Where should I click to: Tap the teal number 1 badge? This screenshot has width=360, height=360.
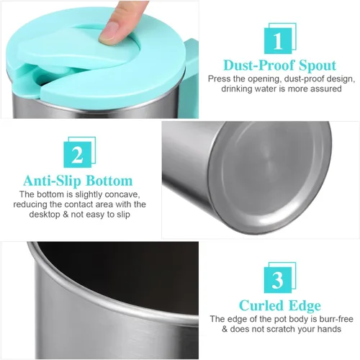click(x=280, y=38)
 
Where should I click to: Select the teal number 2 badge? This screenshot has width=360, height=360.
click(x=79, y=152)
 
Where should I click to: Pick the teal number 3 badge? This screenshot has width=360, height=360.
click(x=280, y=277)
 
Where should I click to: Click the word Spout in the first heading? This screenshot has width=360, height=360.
click(x=318, y=66)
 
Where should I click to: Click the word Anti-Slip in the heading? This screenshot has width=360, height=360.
click(x=53, y=181)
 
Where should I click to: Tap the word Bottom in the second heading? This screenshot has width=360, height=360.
click(x=109, y=181)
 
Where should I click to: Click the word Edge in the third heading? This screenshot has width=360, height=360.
click(x=305, y=306)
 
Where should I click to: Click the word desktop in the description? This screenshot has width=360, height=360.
click(x=45, y=215)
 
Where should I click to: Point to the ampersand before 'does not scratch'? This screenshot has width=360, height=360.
click(x=225, y=329)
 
